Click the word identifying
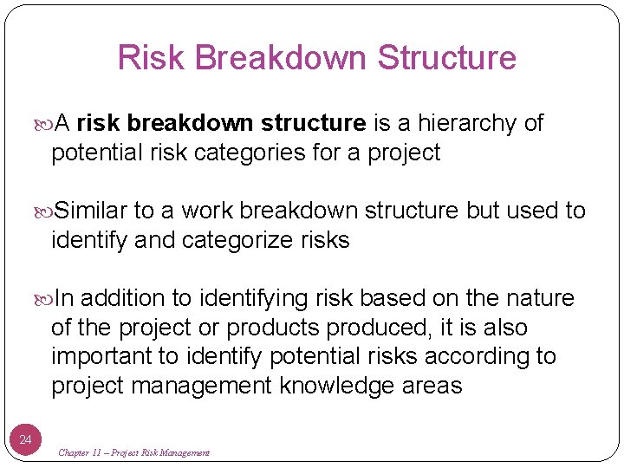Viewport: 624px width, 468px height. tap(257, 299)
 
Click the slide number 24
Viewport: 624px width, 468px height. tap(25, 440)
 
